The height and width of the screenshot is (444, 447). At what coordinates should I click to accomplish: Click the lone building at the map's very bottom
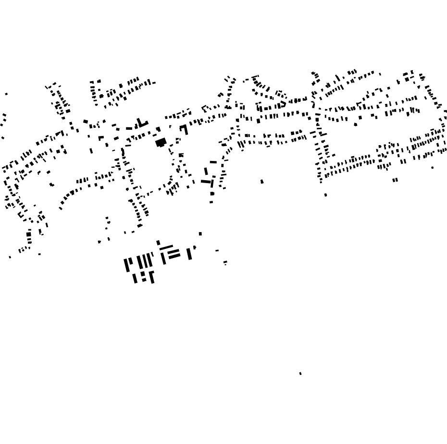[x=300, y=373]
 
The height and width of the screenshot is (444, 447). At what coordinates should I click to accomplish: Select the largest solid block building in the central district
[x=161, y=142]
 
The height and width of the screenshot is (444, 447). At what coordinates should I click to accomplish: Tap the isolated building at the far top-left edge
[x=6, y=94]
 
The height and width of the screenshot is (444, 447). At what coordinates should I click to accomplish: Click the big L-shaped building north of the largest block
[x=142, y=123]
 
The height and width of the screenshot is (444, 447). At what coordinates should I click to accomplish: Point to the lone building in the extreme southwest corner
[x=10, y=257]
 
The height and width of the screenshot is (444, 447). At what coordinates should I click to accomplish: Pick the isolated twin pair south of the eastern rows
[x=395, y=180]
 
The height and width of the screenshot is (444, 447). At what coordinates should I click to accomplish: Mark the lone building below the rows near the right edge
[x=432, y=168]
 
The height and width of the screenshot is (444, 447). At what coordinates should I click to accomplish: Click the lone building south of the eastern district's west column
[x=325, y=195]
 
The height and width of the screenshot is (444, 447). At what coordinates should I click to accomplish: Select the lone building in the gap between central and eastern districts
[x=262, y=182]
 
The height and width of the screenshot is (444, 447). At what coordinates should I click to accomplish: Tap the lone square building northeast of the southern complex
[x=200, y=234]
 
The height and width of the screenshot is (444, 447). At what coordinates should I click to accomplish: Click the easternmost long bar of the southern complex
[x=189, y=254]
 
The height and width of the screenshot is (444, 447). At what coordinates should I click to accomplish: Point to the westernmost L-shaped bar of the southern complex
[x=128, y=265]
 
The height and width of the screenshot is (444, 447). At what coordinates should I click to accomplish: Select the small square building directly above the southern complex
[x=158, y=243]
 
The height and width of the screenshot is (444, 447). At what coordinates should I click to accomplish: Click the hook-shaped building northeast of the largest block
[x=184, y=129]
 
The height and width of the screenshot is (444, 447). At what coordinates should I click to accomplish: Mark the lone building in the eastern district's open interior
[x=356, y=124]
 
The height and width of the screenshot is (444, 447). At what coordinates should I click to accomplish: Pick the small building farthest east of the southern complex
[x=225, y=262]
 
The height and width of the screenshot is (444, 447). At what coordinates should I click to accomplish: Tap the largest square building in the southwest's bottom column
[x=29, y=234]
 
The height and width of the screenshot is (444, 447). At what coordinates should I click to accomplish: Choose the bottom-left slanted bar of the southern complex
[x=135, y=278]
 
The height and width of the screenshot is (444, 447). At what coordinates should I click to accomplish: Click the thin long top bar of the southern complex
[x=166, y=247]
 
